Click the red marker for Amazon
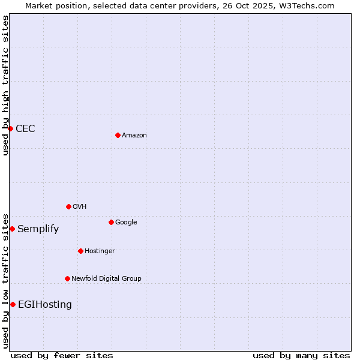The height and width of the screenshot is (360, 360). pos(118,135)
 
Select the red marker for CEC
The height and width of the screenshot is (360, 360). pos(10,128)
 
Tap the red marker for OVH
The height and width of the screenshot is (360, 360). pos(68,206)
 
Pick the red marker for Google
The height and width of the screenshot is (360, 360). pos(111,222)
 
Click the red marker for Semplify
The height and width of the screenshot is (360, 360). pos(12,229)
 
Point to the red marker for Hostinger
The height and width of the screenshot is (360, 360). pos(80,251)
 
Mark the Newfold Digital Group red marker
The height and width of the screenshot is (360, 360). pos(67,278)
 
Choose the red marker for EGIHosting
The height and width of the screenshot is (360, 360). pos(13,304)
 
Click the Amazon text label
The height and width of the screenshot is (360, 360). pos(134,135)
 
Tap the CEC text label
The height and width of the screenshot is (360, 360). pos(25,128)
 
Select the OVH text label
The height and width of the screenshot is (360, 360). pos(80,206)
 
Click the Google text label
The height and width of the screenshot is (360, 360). pos(126,222)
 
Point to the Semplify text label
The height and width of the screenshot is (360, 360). pos(38,229)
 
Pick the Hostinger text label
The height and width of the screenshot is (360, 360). pos(100,251)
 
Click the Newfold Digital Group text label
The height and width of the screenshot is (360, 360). pos(106,278)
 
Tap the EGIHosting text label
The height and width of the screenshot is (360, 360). pos(45,304)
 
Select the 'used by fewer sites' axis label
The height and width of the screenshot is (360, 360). pos(62,355)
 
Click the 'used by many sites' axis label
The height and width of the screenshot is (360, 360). pos(301,355)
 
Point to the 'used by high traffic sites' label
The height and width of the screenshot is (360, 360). pos(6,85)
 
